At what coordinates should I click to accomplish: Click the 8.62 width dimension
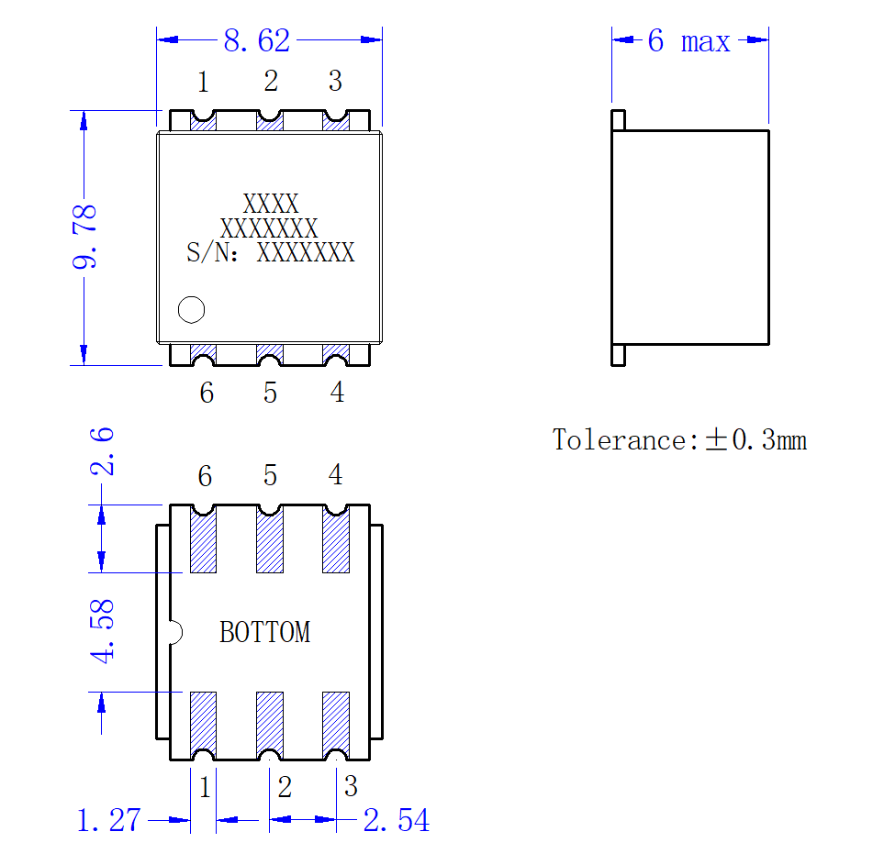[x=257, y=40]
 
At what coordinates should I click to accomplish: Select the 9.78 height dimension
[x=84, y=237]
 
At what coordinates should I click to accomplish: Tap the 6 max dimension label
[x=688, y=41]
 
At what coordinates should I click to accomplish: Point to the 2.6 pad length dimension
[x=102, y=451]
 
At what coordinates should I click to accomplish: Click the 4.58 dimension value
[x=102, y=631]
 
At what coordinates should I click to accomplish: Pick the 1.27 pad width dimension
[x=108, y=820]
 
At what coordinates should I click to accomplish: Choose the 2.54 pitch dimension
[x=397, y=820]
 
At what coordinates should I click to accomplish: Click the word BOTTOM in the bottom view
[x=265, y=633]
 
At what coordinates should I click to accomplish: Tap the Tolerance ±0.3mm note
[x=679, y=440]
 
